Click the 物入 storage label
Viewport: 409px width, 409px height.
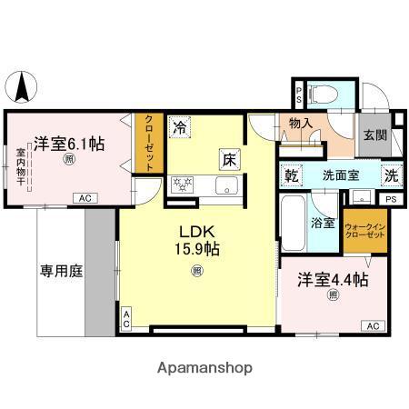[x=301, y=124]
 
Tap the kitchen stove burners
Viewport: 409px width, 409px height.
[x=184, y=186]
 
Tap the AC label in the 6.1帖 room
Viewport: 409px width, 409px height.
[x=85, y=198]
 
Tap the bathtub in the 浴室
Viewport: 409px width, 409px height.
[x=293, y=223]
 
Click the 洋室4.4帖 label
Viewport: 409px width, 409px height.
[x=333, y=281]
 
